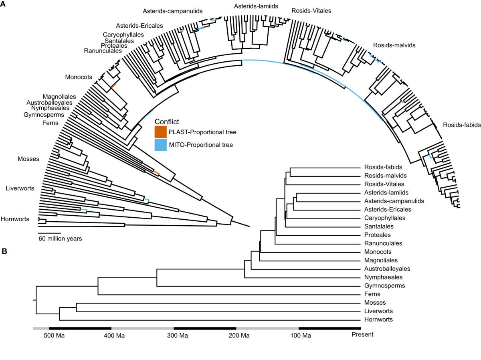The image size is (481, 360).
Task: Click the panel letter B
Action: click(4, 251)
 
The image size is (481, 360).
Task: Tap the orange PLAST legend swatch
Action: click(160, 131)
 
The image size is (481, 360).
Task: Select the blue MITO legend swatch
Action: click(160, 145)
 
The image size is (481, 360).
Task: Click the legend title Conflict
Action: click(166, 121)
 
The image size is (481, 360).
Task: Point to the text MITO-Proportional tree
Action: click(201, 145)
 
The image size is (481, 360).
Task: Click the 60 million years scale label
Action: click(60, 239)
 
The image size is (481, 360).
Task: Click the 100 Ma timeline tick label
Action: click(301, 335)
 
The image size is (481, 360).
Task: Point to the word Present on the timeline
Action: click(362, 334)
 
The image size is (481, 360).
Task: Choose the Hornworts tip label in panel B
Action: click(378, 320)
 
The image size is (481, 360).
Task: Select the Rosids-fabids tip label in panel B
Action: click(383, 167)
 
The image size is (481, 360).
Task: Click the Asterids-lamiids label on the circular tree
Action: click(256, 6)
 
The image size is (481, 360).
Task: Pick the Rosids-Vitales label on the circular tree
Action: click(311, 11)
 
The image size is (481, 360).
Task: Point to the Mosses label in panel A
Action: click(28, 159)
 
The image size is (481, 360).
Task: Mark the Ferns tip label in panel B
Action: click(372, 294)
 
